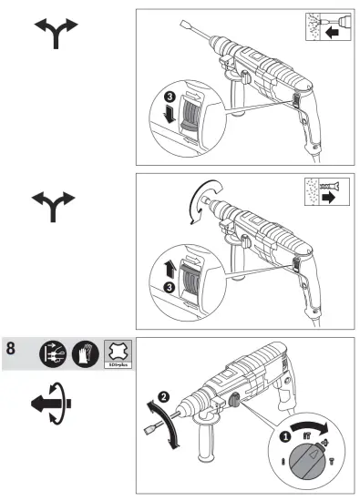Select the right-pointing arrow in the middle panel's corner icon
325,199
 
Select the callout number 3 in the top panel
167,97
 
